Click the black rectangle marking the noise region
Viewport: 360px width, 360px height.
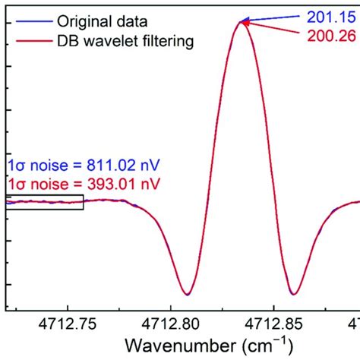tap(44, 201)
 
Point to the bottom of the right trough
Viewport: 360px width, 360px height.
tap(293, 293)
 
